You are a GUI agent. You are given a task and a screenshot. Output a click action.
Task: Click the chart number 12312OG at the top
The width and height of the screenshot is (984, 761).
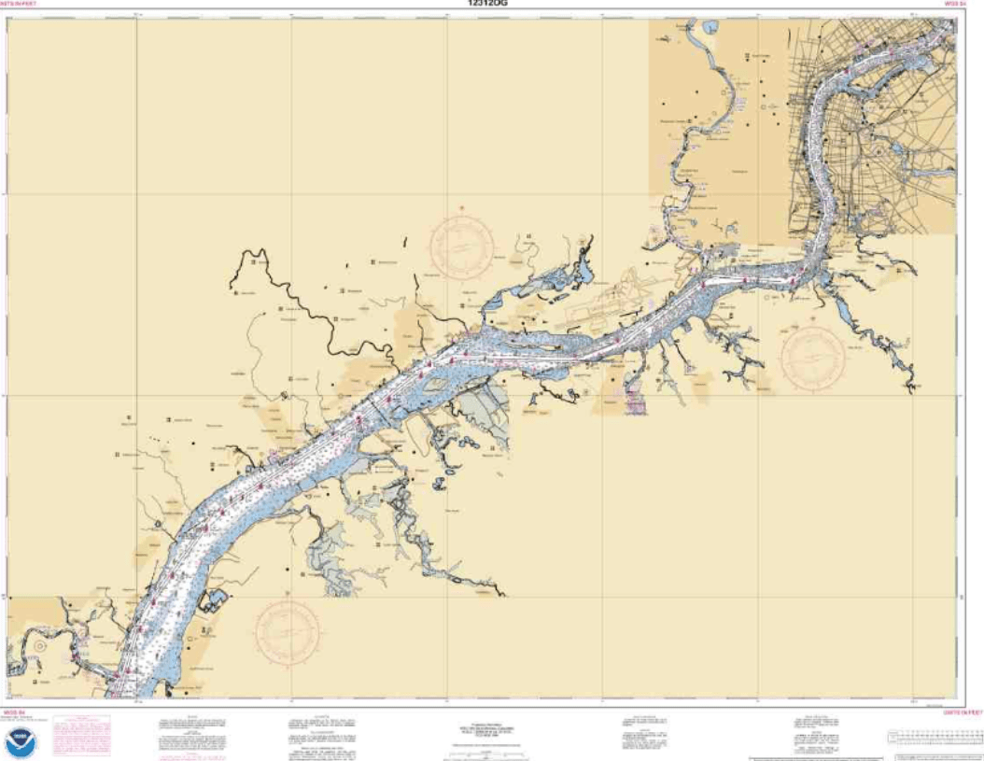pyautogui.click(x=489, y=4)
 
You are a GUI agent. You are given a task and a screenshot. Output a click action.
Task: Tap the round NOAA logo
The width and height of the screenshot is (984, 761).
pyautogui.click(x=21, y=743)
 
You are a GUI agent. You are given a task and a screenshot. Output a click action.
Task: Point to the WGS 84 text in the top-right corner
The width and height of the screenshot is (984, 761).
pyautogui.click(x=952, y=4)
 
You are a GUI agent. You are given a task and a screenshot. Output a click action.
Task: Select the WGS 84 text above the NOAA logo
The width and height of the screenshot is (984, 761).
pyautogui.click(x=13, y=712)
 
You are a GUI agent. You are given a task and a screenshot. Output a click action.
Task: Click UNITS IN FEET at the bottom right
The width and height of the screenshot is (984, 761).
pyautogui.click(x=963, y=712)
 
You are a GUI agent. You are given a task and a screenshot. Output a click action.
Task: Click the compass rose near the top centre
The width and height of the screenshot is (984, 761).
pyautogui.click(x=461, y=247)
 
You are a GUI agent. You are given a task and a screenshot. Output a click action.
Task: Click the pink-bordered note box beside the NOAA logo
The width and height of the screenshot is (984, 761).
pyautogui.click(x=81, y=736)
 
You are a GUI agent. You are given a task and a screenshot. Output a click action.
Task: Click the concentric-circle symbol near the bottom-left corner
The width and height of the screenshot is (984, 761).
pyautogui.click(x=40, y=645)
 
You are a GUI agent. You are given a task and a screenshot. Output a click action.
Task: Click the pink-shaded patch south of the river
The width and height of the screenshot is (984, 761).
pyautogui.click(x=636, y=402)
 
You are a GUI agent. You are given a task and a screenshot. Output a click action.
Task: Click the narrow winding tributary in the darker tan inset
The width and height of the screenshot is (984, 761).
pyautogui.click(x=696, y=140)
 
